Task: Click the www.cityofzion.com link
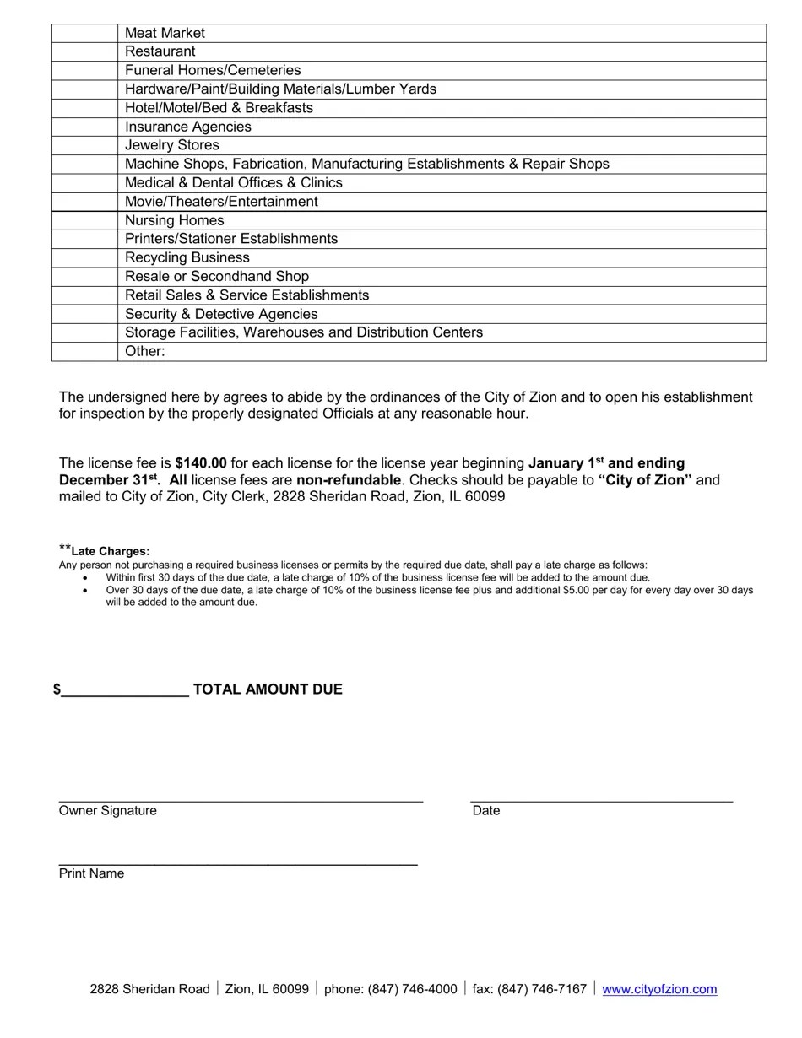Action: coord(659,989)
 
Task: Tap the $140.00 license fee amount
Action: coord(201,463)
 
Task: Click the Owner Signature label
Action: coord(107,811)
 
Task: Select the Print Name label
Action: coord(91,873)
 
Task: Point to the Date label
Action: coord(486,811)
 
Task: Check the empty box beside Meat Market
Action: coord(84,33)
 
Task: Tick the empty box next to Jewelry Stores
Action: coord(84,145)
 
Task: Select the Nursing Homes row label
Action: coord(175,220)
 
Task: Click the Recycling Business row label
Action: coord(187,257)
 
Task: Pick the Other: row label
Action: coord(145,351)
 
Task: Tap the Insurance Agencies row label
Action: coord(188,127)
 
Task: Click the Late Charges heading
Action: coord(110,551)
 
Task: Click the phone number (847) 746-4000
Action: coord(412,989)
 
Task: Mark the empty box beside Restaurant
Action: coord(84,51)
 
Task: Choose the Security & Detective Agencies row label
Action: coord(221,314)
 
